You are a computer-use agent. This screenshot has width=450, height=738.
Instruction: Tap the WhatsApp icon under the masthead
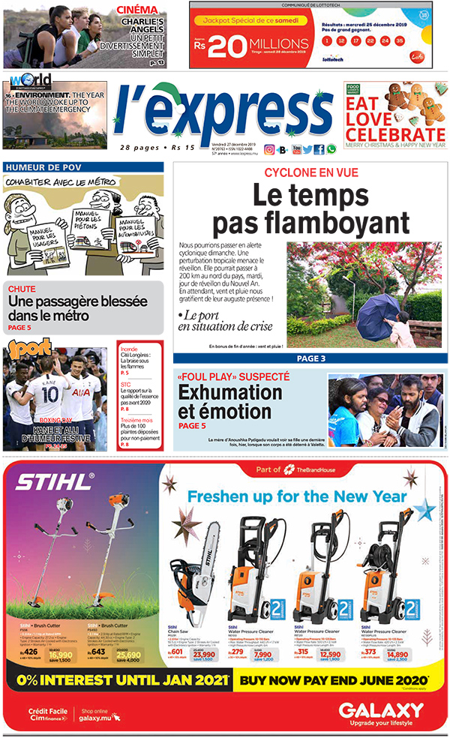click(x=331, y=149)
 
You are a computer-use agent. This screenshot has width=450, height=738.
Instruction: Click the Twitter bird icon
click(x=307, y=149)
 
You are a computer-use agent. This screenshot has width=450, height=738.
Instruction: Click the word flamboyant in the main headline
click(x=310, y=223)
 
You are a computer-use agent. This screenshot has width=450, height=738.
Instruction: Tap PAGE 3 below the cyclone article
click(x=310, y=358)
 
